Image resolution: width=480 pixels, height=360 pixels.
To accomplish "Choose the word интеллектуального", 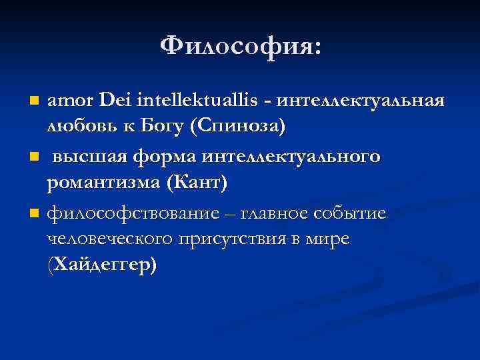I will (291, 157).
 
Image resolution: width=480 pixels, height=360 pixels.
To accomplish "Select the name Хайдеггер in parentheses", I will (103, 264).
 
